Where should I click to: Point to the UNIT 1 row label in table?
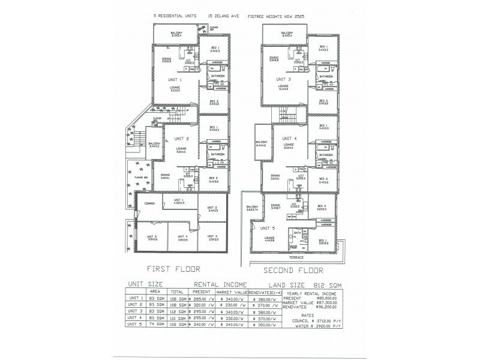(x=136, y=298)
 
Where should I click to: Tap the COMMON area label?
(x=149, y=203)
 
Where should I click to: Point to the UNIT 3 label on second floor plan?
(x=284, y=79)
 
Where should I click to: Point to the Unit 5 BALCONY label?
(x=251, y=207)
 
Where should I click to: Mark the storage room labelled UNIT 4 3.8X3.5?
(x=182, y=238)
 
